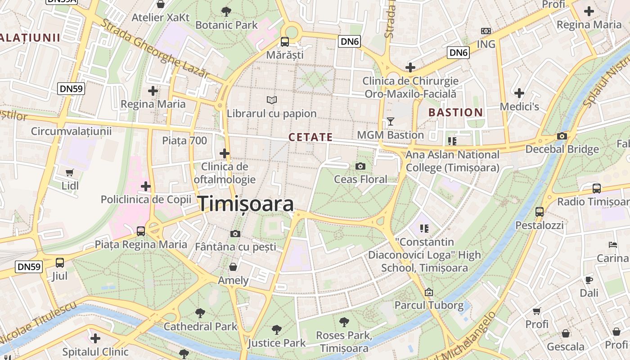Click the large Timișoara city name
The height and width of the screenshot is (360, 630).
[246, 204]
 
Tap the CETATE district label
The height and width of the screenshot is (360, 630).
[310, 137]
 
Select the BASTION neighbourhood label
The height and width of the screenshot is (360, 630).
[455, 112]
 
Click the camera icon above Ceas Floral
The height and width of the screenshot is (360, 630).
[360, 166]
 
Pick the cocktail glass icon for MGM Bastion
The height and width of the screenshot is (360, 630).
[390, 121]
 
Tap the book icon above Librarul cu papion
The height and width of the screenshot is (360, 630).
[272, 100]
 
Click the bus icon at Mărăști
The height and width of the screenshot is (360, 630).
[285, 42]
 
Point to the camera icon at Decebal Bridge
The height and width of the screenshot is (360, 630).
[562, 136]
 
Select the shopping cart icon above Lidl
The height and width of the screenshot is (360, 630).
[70, 172]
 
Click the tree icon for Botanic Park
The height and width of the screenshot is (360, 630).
[226, 11]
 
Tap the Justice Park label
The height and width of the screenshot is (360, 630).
[277, 343]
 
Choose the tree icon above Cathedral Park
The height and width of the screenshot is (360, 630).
[200, 313]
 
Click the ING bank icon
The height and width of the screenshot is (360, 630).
[486, 31]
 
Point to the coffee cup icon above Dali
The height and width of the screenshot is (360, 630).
[589, 280]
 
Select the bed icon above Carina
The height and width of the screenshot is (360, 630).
[612, 245]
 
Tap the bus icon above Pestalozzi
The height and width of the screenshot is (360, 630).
[539, 211]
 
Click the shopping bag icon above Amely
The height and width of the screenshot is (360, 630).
[233, 267]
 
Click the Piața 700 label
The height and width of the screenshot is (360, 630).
[184, 141]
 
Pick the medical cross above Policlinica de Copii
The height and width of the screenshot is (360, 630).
[146, 186]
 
